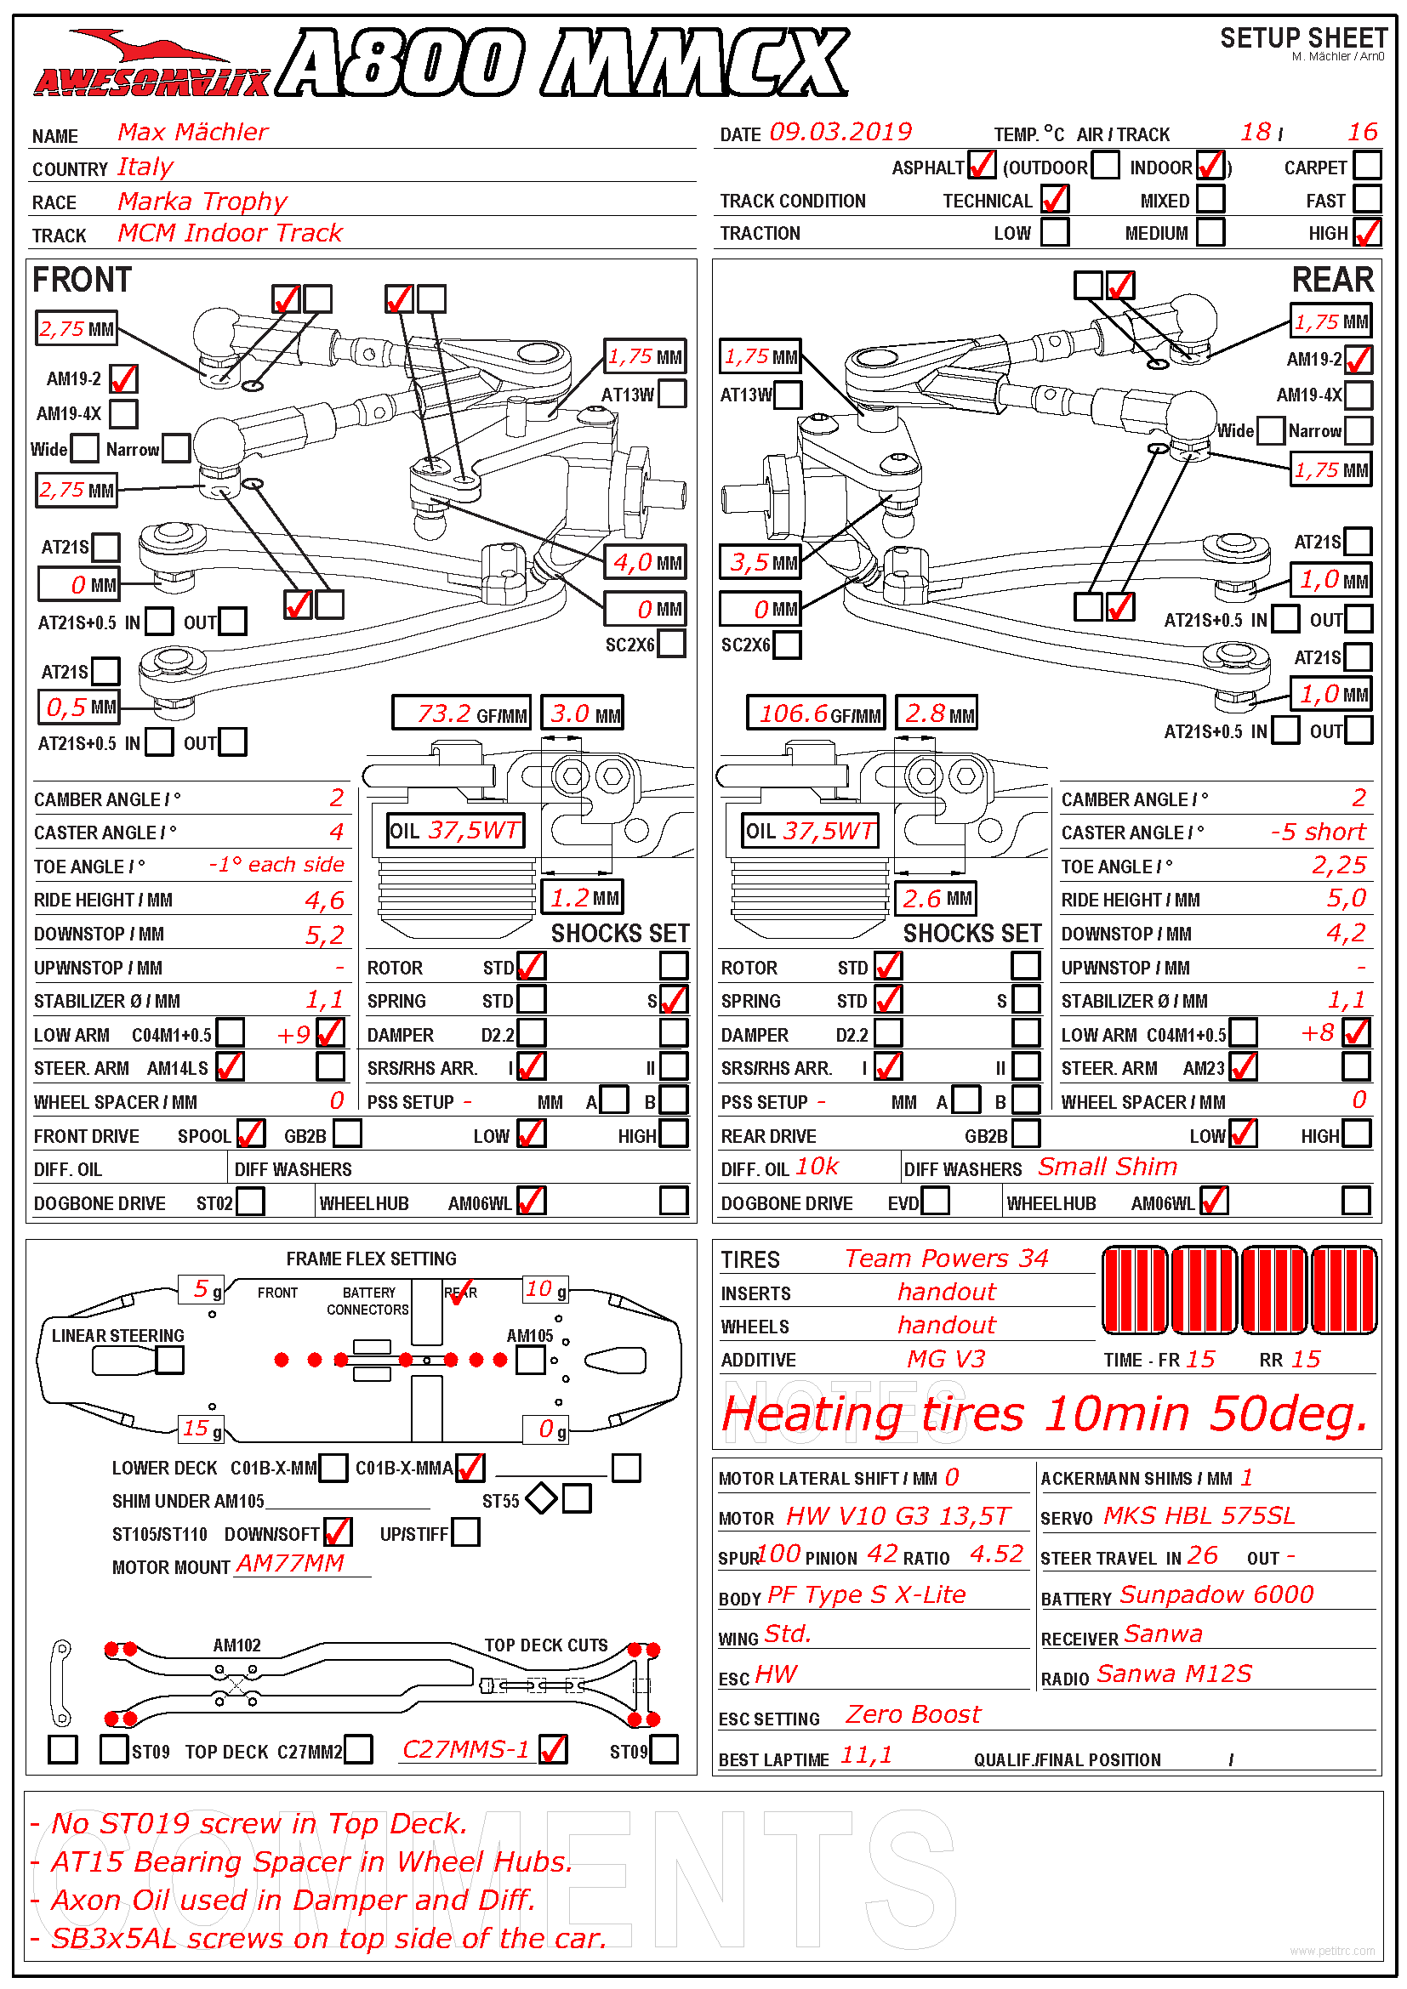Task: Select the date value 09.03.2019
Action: [x=840, y=133]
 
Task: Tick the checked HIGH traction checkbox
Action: [x=1366, y=233]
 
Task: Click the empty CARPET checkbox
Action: [x=1366, y=166]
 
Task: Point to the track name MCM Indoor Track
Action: [x=230, y=233]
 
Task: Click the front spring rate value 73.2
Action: [x=443, y=713]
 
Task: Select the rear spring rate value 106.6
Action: [x=794, y=713]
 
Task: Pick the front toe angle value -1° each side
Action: [x=276, y=865]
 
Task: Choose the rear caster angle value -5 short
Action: [x=1317, y=832]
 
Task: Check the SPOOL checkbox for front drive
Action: [x=250, y=1134]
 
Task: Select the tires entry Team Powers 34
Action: [x=946, y=1259]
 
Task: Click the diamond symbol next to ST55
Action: [x=542, y=1498]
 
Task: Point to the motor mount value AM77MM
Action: [x=290, y=1563]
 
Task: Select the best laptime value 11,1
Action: [x=865, y=1756]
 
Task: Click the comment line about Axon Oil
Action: [x=293, y=1901]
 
